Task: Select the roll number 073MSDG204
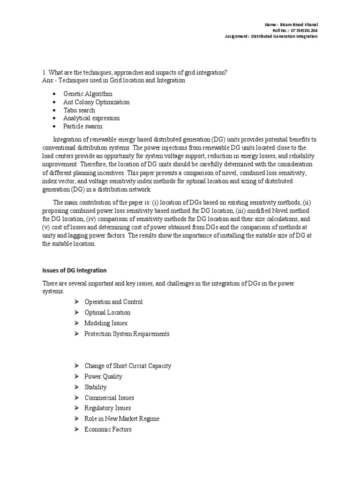tap(299, 30)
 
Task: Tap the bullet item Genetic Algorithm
tap(88, 94)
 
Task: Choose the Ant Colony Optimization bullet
tap(97, 102)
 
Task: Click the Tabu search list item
tap(79, 110)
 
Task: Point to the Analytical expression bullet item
tap(91, 118)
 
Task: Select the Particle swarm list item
tap(83, 126)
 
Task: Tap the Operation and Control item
tap(113, 302)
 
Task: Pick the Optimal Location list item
tap(107, 313)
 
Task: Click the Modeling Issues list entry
tap(105, 323)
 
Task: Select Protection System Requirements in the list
tap(127, 334)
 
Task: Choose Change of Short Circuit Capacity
tap(127, 366)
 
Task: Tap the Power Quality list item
tap(103, 376)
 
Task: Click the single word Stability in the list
tap(96, 387)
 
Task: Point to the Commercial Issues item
tap(109, 398)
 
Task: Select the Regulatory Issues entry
tap(107, 408)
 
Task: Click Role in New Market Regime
tap(122, 419)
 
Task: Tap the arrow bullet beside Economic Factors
tap(77, 430)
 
